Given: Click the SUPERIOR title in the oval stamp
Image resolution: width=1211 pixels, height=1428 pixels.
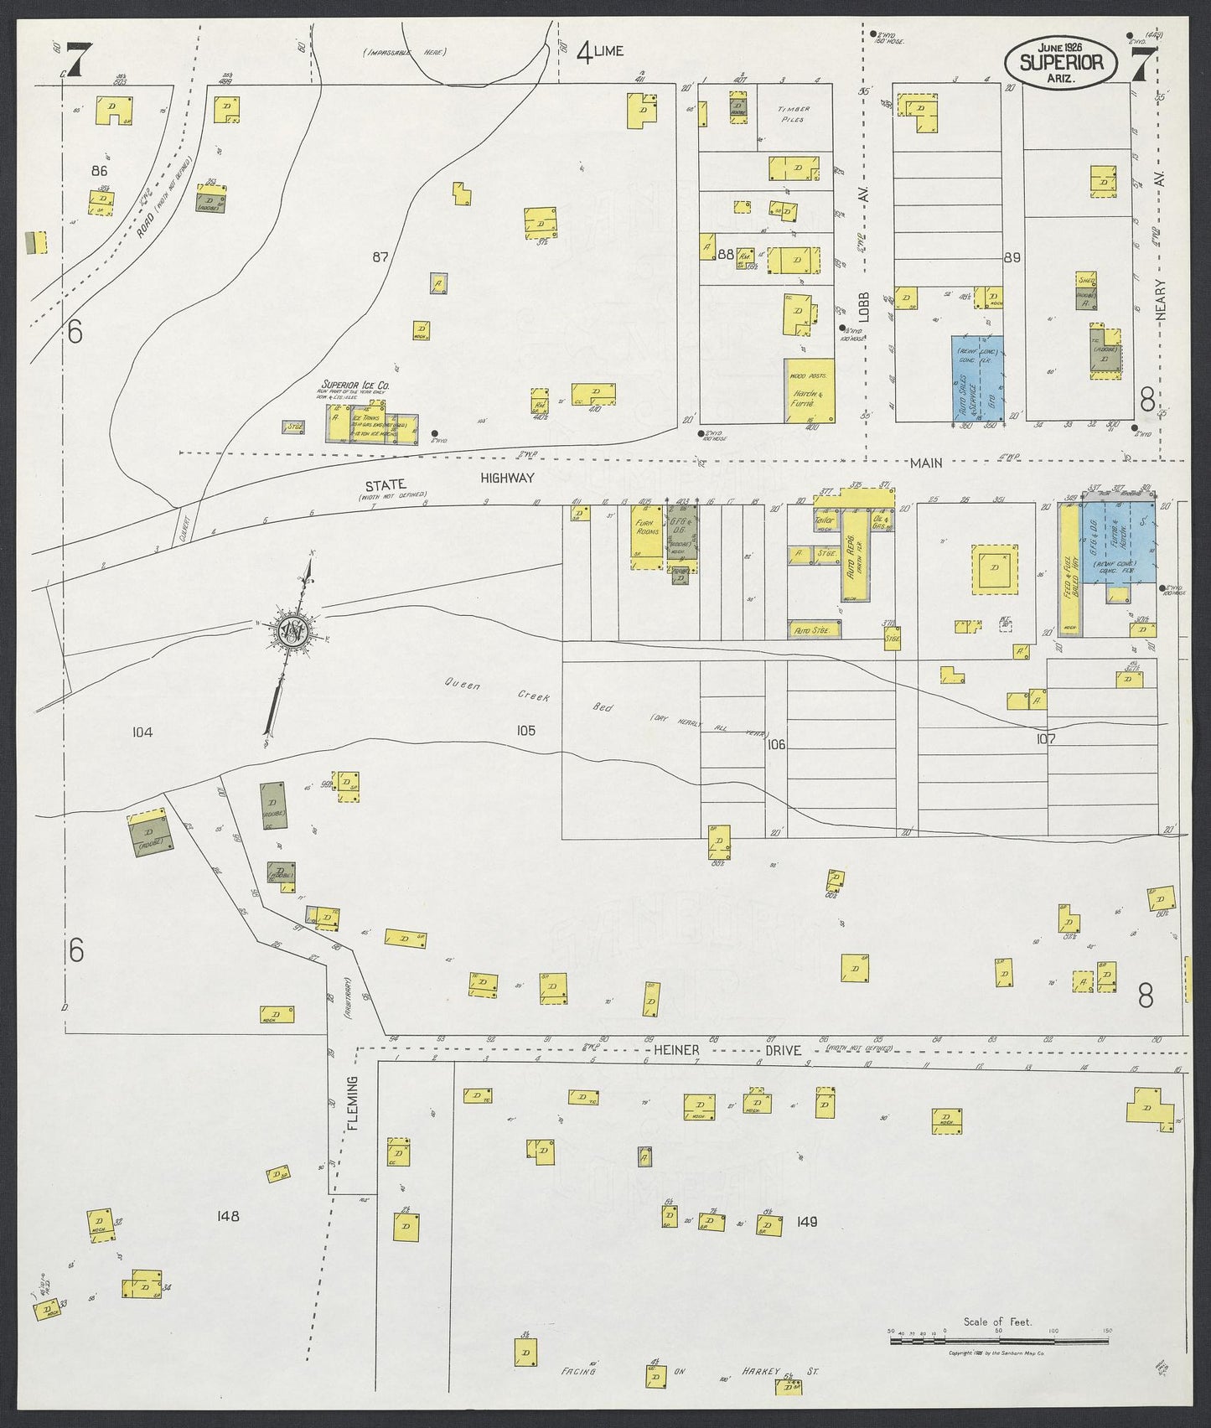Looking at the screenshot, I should pos(1067,63).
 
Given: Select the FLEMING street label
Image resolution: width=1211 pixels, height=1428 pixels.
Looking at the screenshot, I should pos(352,1104).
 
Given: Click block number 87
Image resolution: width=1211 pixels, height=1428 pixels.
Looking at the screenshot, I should pos(380,257).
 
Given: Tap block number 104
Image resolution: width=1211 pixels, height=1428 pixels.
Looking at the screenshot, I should pos(142,732).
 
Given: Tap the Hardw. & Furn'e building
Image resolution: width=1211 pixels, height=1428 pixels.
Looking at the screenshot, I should pos(809,391).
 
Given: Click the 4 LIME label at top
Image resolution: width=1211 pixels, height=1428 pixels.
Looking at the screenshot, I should pos(600,52).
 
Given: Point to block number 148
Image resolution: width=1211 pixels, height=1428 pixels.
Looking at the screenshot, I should pos(227,1216).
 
